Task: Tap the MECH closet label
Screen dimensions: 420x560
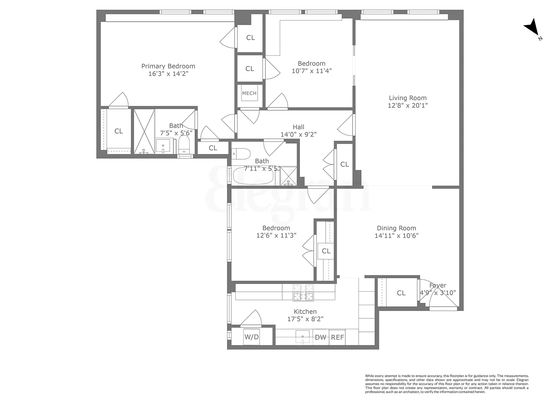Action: pyautogui.click(x=249, y=93)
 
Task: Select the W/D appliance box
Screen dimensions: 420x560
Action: pyautogui.click(x=251, y=337)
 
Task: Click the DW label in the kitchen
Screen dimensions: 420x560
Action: pyautogui.click(x=320, y=337)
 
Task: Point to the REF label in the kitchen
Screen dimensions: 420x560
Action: pyautogui.click(x=337, y=337)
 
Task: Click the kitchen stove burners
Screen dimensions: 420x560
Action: pyautogui.click(x=303, y=292)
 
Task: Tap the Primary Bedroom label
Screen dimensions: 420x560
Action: pyautogui.click(x=168, y=66)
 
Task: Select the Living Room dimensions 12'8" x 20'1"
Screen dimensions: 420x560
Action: pyautogui.click(x=408, y=105)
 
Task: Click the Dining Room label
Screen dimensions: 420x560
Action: pyautogui.click(x=396, y=228)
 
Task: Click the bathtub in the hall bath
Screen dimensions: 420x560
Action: pyautogui.click(x=253, y=176)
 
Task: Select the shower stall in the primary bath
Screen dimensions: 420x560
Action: pyautogui.click(x=144, y=131)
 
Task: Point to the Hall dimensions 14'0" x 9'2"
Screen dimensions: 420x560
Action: pyautogui.click(x=298, y=135)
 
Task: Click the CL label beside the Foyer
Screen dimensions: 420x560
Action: pyautogui.click(x=401, y=293)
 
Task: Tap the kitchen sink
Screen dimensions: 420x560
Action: pyautogui.click(x=303, y=336)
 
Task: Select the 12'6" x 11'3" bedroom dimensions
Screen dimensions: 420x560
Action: pyautogui.click(x=276, y=235)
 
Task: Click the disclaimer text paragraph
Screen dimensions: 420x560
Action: pyautogui.click(x=446, y=384)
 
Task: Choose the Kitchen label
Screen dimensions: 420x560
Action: pyautogui.click(x=305, y=311)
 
